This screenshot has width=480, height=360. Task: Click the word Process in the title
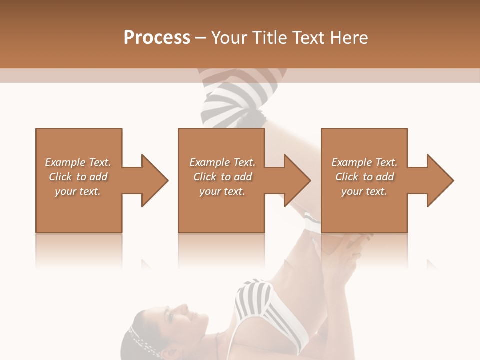(x=157, y=38)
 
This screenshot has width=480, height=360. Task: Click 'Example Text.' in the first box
(x=78, y=162)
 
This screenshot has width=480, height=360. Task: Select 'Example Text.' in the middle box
(x=222, y=162)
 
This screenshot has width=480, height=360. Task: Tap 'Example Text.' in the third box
(x=364, y=162)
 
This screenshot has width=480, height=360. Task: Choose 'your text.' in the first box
(x=78, y=191)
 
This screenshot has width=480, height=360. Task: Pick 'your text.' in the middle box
(x=222, y=191)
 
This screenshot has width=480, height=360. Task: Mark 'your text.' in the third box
(x=364, y=191)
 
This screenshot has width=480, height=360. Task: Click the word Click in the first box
(x=61, y=177)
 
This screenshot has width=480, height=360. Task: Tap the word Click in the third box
(x=347, y=177)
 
